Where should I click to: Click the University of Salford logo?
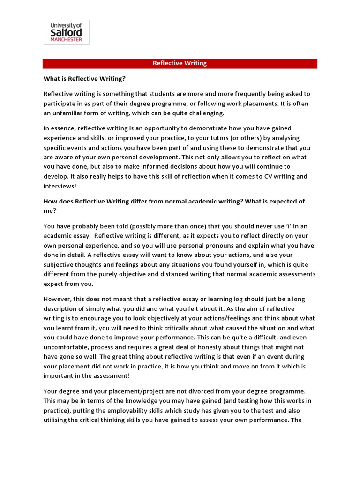66,32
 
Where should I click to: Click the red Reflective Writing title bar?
180,64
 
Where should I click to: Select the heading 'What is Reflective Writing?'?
85,78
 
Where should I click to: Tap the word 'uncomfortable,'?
68,347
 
